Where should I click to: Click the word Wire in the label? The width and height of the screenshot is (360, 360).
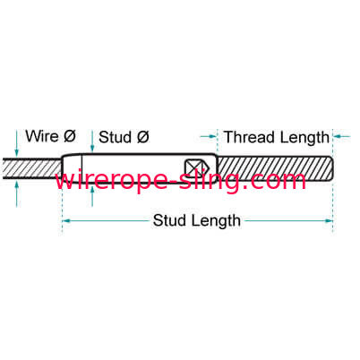[x=42, y=136]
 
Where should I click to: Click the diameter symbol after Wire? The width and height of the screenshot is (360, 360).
[x=70, y=136]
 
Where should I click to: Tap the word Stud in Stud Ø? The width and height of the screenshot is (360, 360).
[x=115, y=137]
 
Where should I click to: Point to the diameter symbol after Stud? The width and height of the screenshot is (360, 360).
[x=143, y=137]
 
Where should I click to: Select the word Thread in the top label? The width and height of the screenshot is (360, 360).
[x=249, y=137]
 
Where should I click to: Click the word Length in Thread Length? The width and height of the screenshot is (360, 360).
[x=304, y=138]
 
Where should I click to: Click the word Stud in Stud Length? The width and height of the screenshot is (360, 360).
[x=169, y=220]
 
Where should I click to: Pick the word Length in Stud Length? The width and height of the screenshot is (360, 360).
[x=216, y=221]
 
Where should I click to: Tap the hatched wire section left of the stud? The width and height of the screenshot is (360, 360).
[x=32, y=168]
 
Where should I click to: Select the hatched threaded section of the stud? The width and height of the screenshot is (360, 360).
[x=275, y=168]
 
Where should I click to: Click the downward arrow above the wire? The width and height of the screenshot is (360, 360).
[x=17, y=142]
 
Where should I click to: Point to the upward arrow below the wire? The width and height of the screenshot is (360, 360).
[x=17, y=194]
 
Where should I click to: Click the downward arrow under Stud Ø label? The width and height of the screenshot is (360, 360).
[x=92, y=141]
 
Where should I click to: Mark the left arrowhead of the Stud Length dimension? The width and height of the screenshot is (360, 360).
[x=66, y=221]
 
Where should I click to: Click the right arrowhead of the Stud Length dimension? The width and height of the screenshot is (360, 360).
[x=329, y=221]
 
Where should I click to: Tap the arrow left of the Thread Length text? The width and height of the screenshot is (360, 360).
[x=209, y=136]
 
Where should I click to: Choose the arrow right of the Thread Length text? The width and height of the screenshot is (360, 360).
[x=341, y=136]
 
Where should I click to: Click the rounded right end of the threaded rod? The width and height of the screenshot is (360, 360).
[x=331, y=168]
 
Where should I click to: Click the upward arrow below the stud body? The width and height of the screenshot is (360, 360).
[x=92, y=196]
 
